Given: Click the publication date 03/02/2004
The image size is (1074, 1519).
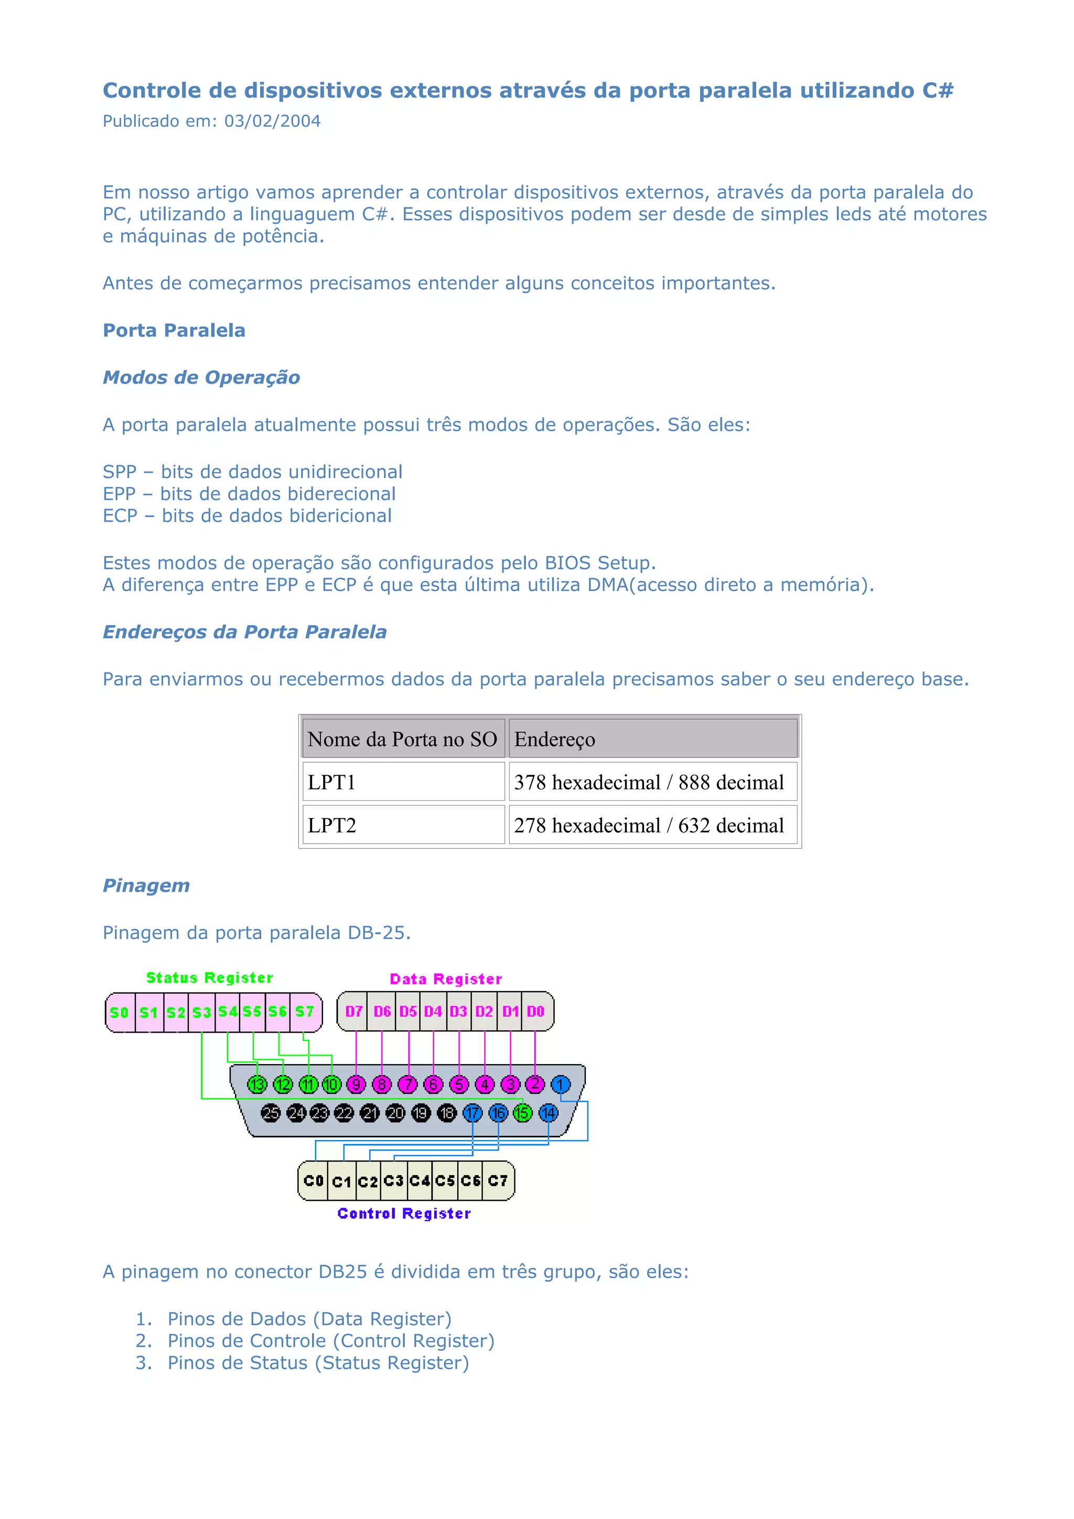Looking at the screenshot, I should pos(272,121).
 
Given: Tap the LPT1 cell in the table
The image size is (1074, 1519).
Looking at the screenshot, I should pos(331,782).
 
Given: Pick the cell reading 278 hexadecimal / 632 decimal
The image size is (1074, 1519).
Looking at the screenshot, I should pos(649,825).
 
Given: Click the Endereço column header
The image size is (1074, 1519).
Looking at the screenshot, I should pos(554,739).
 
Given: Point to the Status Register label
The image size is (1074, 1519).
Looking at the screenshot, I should pos(209,978).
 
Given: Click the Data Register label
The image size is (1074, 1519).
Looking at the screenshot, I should pos(445,979).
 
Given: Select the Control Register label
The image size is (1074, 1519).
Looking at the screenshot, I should pos(404,1213).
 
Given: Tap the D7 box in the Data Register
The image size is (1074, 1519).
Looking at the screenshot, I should pos(353,1012).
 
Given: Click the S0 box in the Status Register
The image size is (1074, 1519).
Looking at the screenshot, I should pos(119,1012).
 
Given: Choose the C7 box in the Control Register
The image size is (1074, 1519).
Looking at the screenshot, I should pos(498,1181).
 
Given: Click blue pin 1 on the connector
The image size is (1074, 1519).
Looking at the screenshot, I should pos(561,1084).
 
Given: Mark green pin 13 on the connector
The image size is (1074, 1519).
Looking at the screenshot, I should pos(257,1084).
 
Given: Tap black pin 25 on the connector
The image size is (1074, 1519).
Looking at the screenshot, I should pos(270,1113).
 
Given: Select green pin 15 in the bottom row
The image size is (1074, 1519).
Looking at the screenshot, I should pos(523,1113).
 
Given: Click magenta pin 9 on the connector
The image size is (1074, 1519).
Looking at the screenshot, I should pos(356,1084).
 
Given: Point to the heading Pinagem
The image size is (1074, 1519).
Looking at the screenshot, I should pos(146,885).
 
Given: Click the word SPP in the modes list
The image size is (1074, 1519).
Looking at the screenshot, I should pos(119,472).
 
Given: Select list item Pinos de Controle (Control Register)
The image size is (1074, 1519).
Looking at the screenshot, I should pos(331,1341).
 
